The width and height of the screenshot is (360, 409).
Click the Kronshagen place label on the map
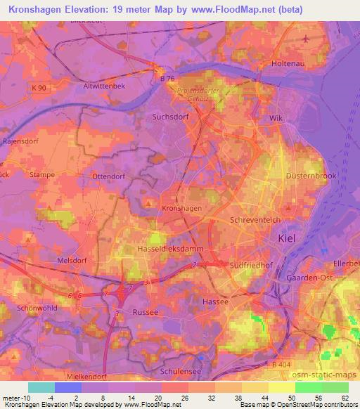click(182, 209)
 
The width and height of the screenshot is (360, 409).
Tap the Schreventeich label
click(256, 220)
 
